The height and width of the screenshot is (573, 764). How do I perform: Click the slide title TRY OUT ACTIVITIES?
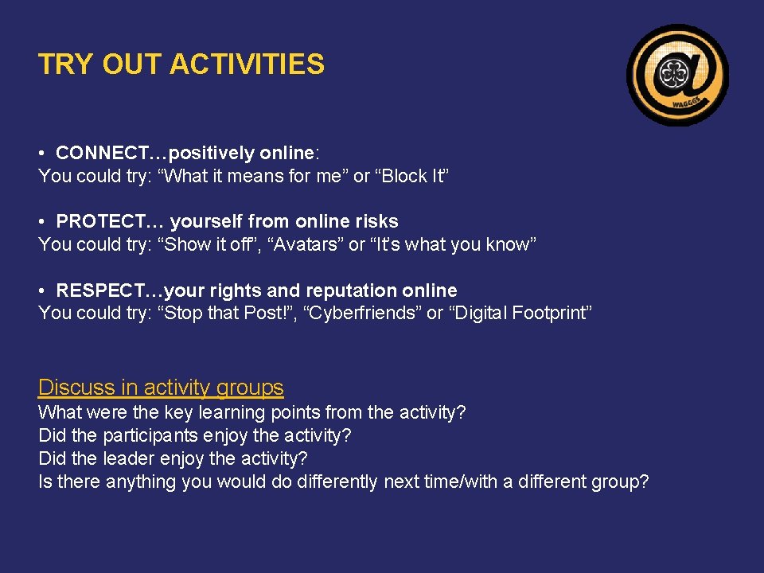181,64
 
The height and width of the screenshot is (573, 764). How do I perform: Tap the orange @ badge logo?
677,75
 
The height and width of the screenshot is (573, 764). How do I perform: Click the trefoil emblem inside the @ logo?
676,73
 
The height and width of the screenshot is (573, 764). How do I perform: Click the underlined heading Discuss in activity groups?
161,388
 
